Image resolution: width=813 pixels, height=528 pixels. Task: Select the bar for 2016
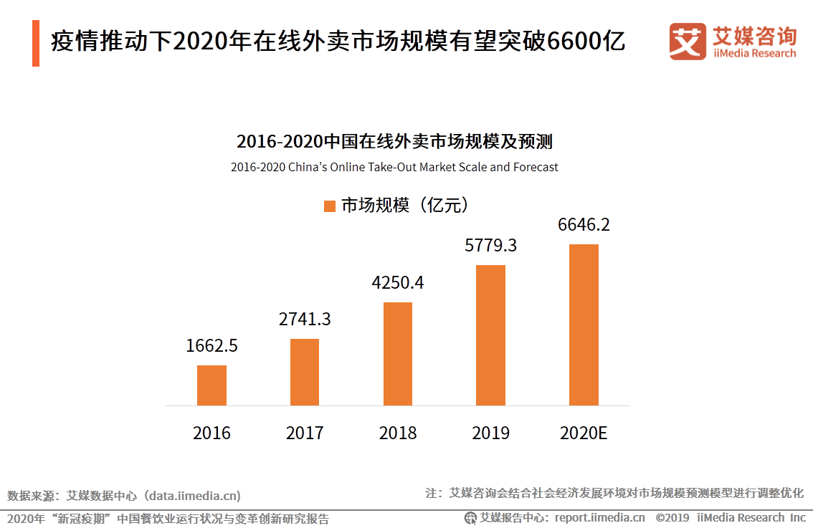tap(211, 385)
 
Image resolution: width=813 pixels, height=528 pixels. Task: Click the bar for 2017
tap(305, 372)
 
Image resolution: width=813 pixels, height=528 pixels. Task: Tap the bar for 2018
tap(398, 354)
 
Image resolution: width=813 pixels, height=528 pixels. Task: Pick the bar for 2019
tap(491, 335)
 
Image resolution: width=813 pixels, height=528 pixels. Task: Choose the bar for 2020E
tap(584, 325)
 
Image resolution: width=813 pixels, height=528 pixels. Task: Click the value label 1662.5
tap(211, 346)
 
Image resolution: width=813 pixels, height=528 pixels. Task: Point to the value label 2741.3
tap(305, 319)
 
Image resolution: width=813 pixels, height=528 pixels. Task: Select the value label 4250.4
tap(398, 282)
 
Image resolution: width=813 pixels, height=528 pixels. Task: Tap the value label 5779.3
tap(491, 246)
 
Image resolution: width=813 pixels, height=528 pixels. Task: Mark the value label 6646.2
tap(584, 225)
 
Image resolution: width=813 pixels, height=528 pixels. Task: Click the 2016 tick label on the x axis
tap(211, 433)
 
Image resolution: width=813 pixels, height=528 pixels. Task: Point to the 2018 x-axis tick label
tap(398, 433)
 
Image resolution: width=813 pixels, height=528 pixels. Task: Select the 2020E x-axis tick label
tap(584, 433)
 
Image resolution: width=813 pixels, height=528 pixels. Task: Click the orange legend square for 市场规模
tap(330, 206)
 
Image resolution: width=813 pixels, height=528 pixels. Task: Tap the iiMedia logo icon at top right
tap(688, 42)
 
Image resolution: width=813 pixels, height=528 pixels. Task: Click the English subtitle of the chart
tap(394, 167)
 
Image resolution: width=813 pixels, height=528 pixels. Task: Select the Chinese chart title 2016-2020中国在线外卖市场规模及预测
tap(394, 141)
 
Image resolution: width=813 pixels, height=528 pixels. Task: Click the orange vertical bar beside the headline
tap(36, 43)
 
